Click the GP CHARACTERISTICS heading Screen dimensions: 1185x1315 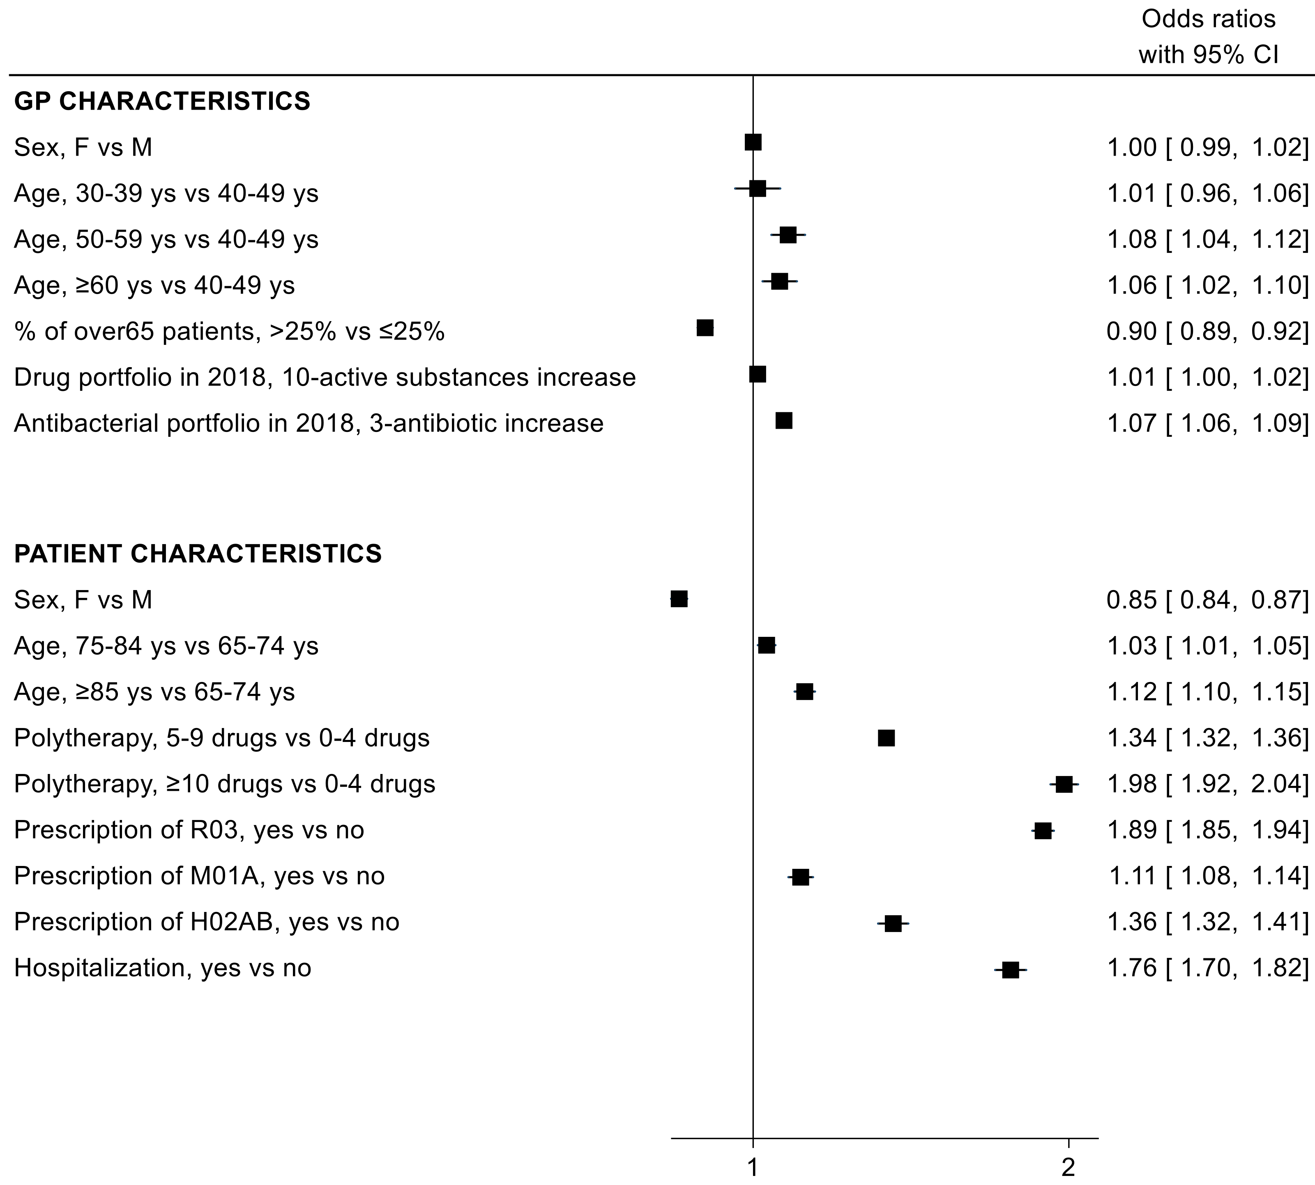point(162,101)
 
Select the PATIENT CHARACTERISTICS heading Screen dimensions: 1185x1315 point(198,553)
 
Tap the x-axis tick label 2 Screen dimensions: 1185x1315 point(1068,1167)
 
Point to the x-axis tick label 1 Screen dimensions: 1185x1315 point(753,1167)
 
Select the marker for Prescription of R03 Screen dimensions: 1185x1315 point(1043,831)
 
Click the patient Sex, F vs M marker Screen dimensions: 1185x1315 point(679,599)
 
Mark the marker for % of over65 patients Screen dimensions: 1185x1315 point(705,328)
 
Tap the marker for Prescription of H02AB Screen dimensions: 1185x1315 point(893,923)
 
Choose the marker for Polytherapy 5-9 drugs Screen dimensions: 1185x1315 point(886,738)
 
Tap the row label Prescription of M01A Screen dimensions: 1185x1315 point(199,876)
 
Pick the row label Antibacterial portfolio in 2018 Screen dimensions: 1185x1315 point(309,424)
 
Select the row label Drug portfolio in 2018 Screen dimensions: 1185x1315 point(325,378)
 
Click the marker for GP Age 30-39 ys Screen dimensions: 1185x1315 point(757,189)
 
